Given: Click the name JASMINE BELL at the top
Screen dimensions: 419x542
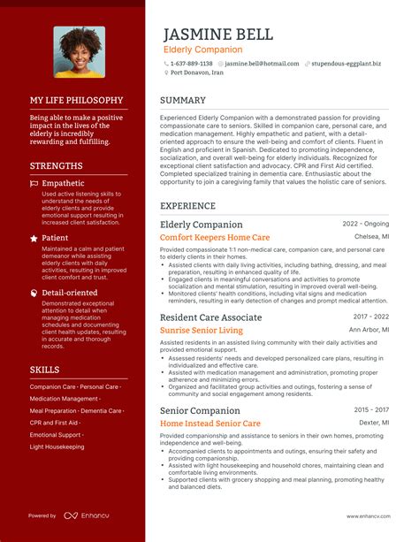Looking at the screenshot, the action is point(218,34).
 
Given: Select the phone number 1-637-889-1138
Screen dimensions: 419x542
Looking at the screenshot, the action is point(191,64).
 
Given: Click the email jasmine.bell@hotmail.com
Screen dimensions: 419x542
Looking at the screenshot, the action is point(262,64).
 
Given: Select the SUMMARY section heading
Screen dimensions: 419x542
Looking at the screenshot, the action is point(183,101).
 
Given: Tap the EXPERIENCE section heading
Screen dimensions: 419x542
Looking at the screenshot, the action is point(188,206).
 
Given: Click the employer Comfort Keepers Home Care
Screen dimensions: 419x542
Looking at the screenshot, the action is point(215,238).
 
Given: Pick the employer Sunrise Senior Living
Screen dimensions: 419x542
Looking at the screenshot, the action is point(202,331).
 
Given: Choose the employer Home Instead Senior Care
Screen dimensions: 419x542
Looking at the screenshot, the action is point(210,424).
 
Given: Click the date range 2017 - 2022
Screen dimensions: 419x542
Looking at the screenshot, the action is point(371,317).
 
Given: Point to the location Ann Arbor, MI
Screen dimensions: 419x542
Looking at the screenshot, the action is point(369,330).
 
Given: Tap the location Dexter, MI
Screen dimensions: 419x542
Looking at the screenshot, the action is point(374,423).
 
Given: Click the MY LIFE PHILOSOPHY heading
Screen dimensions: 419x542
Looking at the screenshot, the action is point(76,101).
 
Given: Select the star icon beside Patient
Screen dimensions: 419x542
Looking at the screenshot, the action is point(34,238).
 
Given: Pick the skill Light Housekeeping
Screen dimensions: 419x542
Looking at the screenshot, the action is point(57,447).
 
